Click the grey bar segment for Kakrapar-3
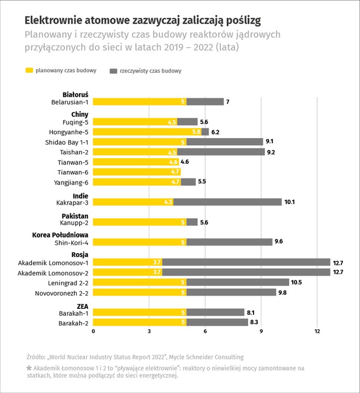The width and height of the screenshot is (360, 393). pos(227,202)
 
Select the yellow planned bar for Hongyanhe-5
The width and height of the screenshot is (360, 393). pos(147,132)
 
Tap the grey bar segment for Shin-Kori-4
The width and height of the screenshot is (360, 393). pos(229,242)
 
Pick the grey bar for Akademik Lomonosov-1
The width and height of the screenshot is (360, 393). pos(246,262)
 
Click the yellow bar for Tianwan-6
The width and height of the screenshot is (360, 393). pos(137,172)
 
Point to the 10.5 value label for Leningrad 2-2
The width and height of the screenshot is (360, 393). pos(296,282)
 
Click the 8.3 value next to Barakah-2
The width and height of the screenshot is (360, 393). pos(254,322)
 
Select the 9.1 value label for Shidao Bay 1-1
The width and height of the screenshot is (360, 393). pos(270,141)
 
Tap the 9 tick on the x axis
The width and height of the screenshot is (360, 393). pos(261,331)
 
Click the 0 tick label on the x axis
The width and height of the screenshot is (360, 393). pos(93,331)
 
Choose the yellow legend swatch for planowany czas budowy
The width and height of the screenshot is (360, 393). pos(29,70)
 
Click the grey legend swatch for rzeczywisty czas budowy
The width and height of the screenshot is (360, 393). pos(114,71)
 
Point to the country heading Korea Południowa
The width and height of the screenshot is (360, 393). pos(60,235)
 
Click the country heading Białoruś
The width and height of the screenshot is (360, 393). pos(75,95)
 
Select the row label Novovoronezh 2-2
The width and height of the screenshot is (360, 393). pos(61,293)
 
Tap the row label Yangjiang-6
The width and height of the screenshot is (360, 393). pos(71,183)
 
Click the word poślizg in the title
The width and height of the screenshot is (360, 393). pos(243,21)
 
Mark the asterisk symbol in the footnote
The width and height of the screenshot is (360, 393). pos(29,368)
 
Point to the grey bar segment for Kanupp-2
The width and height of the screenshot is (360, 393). pos(192,222)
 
